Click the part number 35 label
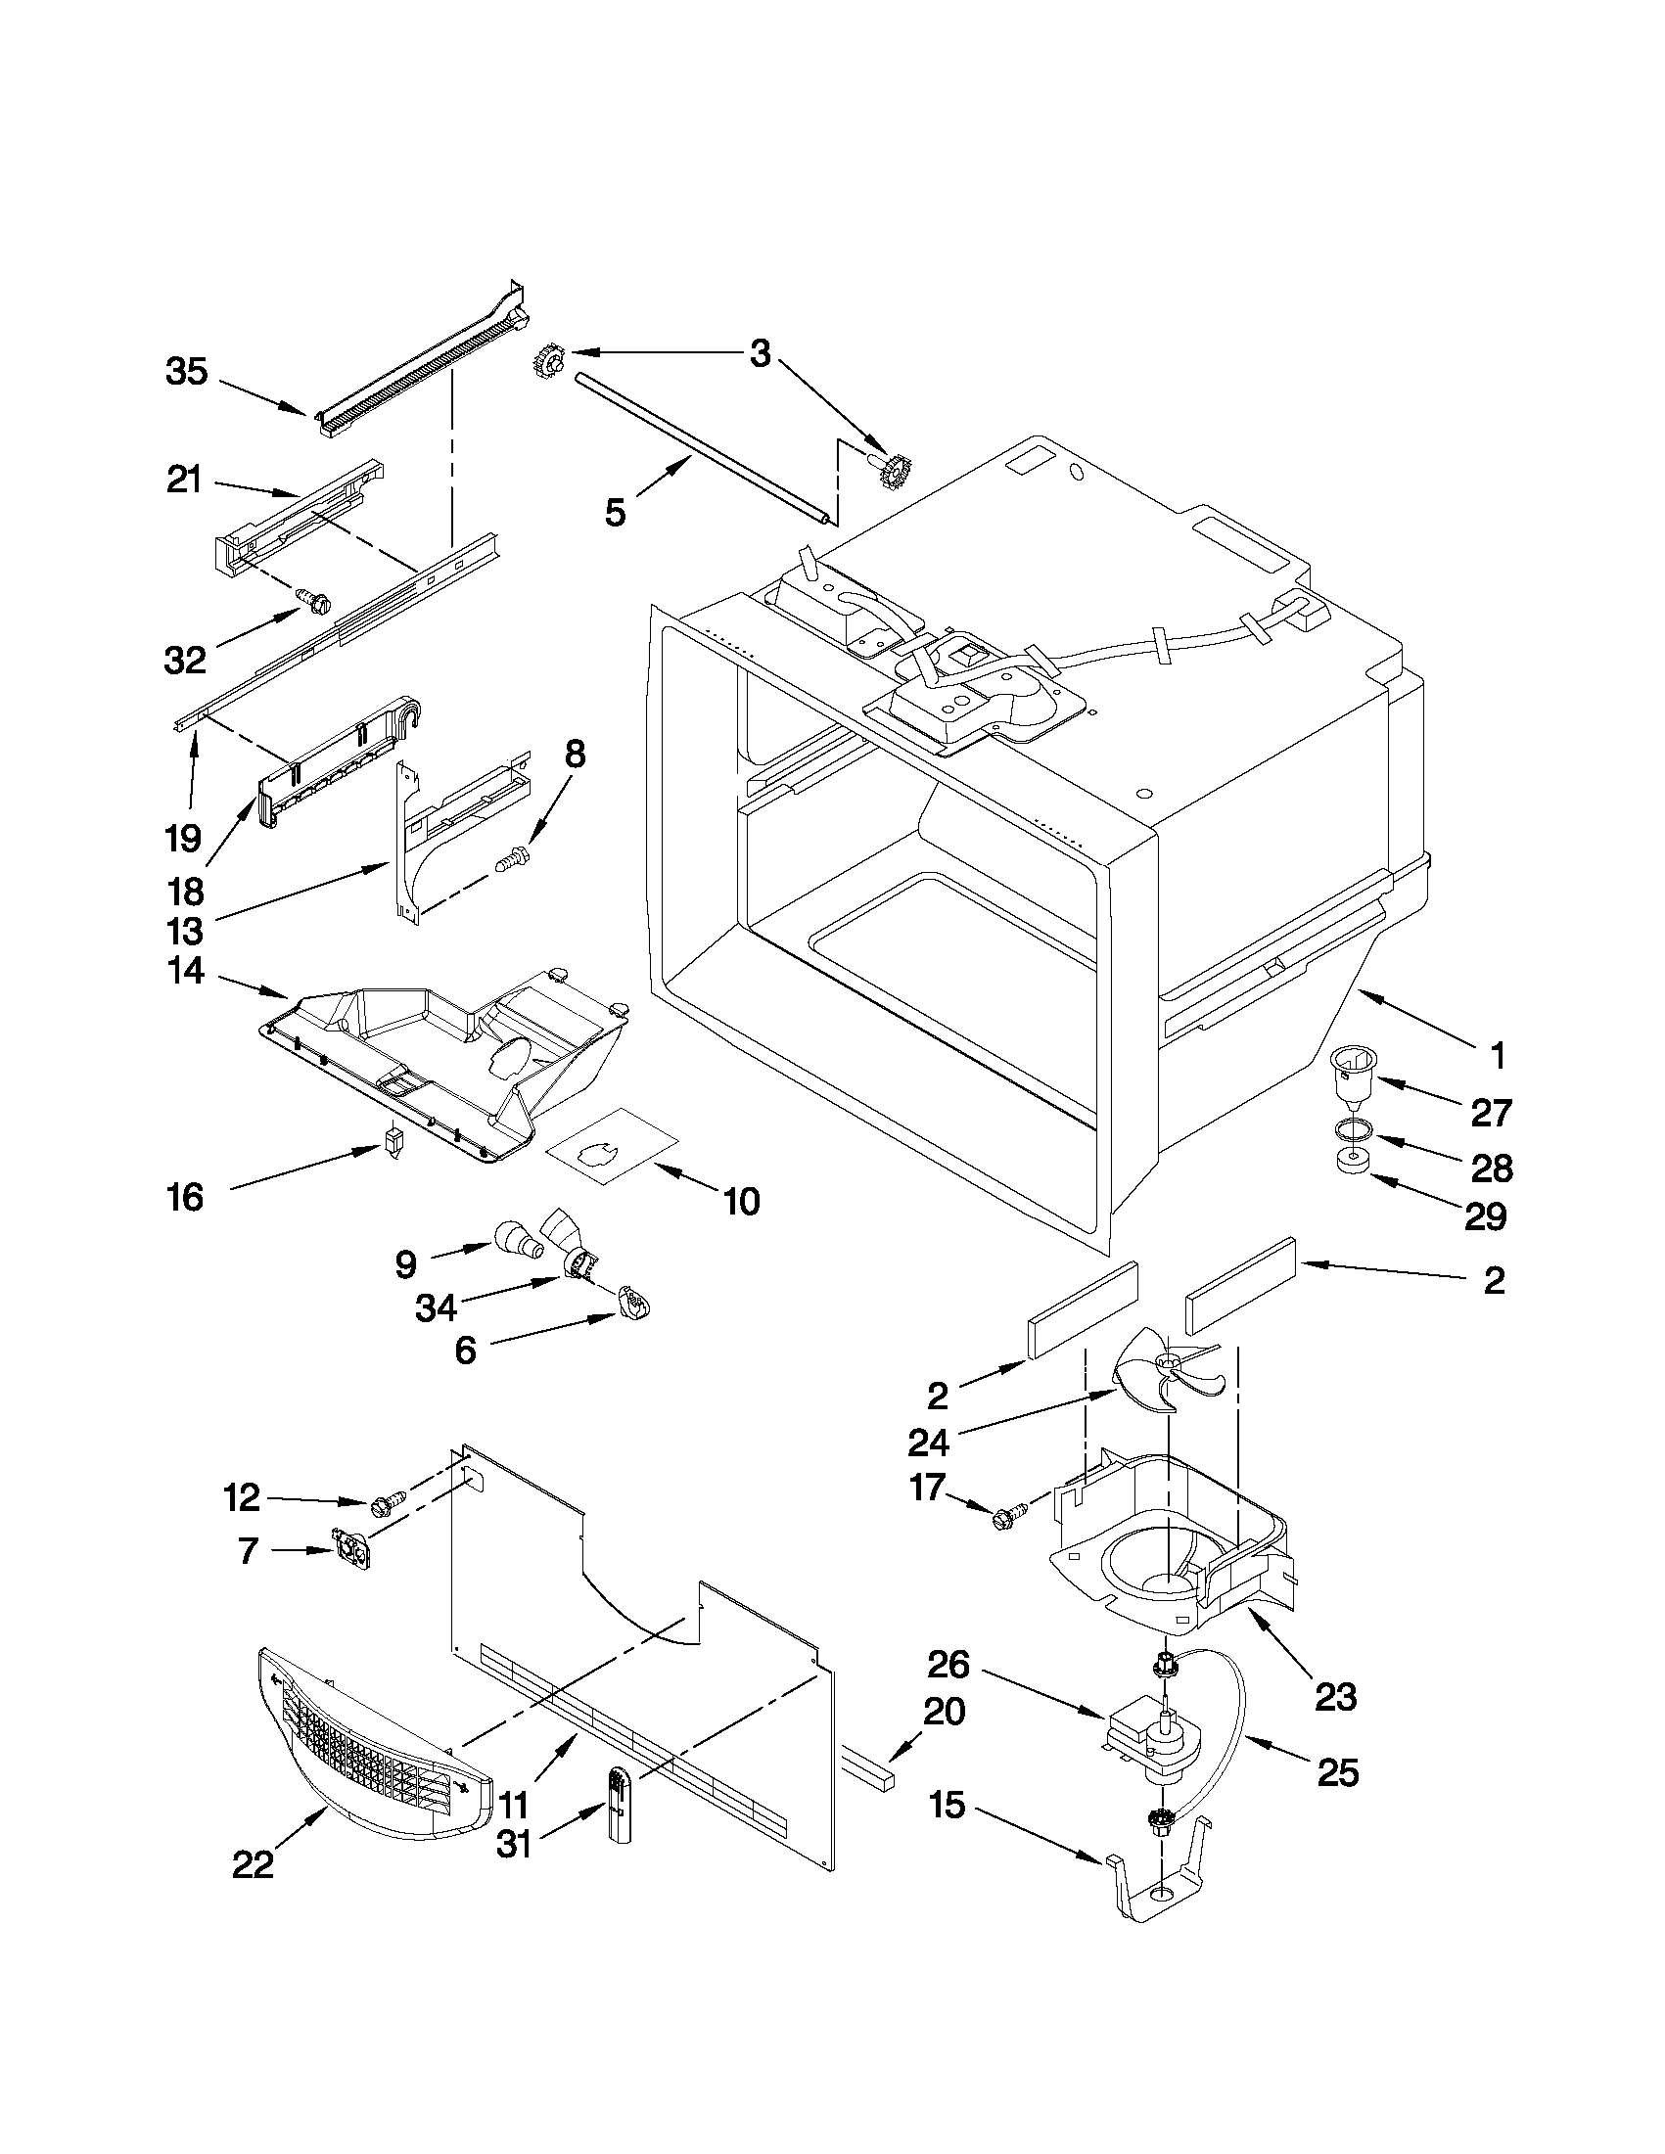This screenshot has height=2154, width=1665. (186, 373)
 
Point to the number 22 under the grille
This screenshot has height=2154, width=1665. (253, 1864)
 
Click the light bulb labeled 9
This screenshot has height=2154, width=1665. (518, 1239)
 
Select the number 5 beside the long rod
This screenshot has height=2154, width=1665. (615, 513)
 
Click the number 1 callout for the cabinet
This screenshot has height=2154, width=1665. (1497, 1057)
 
